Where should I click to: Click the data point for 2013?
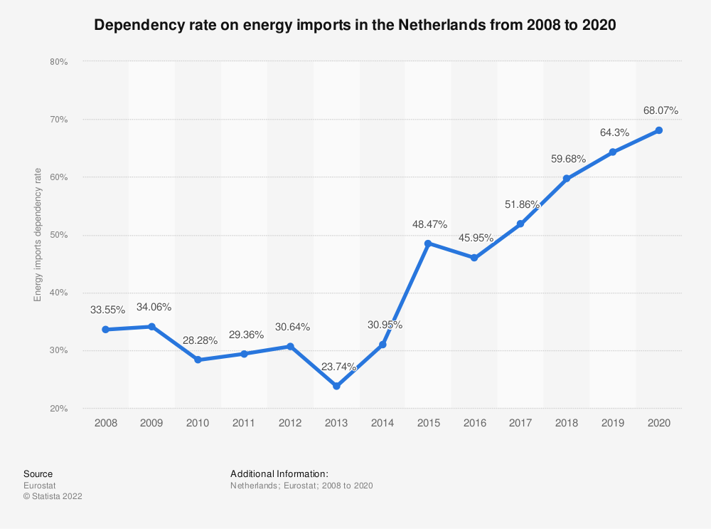click(336, 386)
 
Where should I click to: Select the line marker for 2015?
click(428, 243)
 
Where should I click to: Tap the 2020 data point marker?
click(659, 130)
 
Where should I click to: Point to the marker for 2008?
click(106, 330)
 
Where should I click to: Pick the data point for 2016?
click(474, 258)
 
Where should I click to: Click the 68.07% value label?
click(661, 110)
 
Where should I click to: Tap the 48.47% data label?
click(429, 224)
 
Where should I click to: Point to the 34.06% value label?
click(154, 307)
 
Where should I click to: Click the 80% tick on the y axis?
click(59, 62)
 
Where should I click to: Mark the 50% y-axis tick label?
click(59, 235)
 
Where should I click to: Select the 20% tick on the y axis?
click(59, 409)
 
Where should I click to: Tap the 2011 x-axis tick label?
click(244, 423)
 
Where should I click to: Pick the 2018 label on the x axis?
click(567, 423)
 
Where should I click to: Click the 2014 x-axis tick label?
click(383, 423)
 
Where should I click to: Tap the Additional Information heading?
click(279, 473)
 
